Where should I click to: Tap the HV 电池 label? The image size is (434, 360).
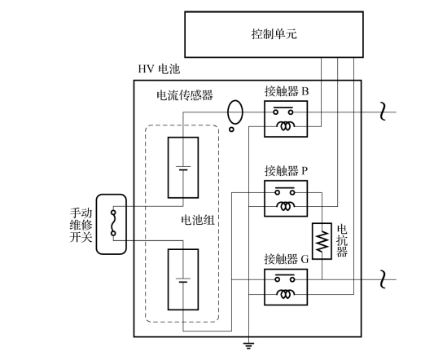[159, 69]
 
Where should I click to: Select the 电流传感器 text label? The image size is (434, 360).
[185, 95]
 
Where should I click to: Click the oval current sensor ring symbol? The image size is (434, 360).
[235, 101]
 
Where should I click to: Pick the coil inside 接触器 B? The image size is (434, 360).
[285, 126]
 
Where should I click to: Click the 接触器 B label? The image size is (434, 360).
[287, 91]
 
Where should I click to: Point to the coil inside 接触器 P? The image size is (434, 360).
[285, 206]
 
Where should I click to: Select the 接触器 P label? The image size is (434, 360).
[286, 171]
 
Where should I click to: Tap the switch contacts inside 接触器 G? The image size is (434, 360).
[284, 278]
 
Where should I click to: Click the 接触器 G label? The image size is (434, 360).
[286, 259]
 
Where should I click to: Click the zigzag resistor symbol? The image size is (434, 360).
[322, 241]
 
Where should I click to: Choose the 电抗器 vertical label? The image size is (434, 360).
[342, 240]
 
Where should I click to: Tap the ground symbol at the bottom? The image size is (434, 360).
[248, 345]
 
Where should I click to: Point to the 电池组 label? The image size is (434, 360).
[198, 221]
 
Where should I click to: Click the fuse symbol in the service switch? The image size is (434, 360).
[113, 223]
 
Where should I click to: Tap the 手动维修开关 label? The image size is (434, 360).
[81, 225]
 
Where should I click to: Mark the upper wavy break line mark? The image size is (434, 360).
[383, 112]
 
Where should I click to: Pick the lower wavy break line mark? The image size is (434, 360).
[383, 279]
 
